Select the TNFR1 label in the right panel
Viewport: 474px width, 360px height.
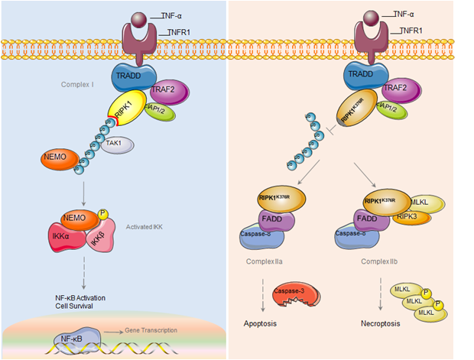coord(413,31)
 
